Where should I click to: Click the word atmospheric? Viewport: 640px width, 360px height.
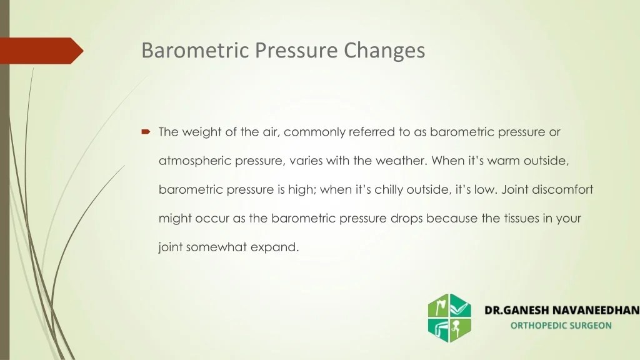pos(195,161)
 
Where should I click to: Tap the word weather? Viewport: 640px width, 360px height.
pos(401,161)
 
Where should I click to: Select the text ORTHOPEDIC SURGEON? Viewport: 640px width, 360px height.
pos(561,326)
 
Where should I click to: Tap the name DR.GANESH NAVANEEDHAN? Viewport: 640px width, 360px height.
pos(562,310)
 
